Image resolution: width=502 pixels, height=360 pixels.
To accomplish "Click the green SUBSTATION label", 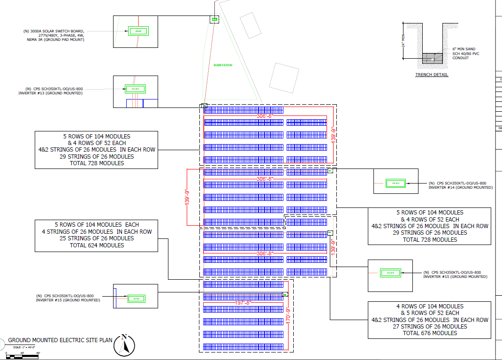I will (222, 65).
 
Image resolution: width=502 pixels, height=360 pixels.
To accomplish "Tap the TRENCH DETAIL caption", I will (432, 75).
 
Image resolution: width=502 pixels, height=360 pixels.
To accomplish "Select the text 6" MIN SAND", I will (464, 49).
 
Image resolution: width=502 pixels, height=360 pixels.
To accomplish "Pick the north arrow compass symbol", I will (124, 345).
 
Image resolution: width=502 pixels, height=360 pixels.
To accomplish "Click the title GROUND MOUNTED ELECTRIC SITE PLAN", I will (61, 340).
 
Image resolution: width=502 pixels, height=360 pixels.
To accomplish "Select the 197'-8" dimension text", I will (243, 303).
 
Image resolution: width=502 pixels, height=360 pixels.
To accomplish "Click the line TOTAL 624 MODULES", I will (97, 245).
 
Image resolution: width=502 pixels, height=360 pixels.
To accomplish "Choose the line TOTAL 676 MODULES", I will (429, 333).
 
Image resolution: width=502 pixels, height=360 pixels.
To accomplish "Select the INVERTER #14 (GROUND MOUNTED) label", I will (460, 187).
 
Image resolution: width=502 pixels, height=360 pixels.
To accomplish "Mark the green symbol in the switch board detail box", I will (138, 31).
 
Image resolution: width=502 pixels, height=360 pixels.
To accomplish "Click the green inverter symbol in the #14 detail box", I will (395, 183).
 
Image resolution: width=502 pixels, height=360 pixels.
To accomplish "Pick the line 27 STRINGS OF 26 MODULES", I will (429, 326).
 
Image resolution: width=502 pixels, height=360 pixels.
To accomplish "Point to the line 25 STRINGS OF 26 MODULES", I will (97, 238).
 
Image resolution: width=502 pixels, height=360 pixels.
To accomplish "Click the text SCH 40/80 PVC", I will (466, 54).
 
